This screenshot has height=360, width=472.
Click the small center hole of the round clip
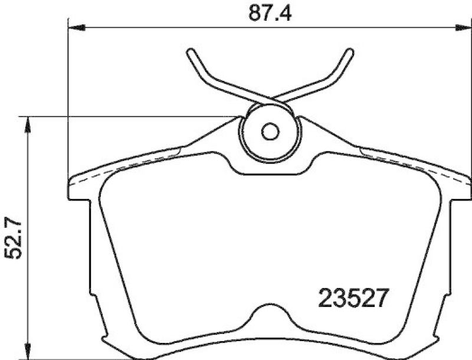click(x=270, y=132)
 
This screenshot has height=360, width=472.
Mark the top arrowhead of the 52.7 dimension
click(x=27, y=121)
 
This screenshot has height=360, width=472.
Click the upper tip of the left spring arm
click(x=190, y=53)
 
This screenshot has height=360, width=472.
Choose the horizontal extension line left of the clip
click(x=130, y=116)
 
